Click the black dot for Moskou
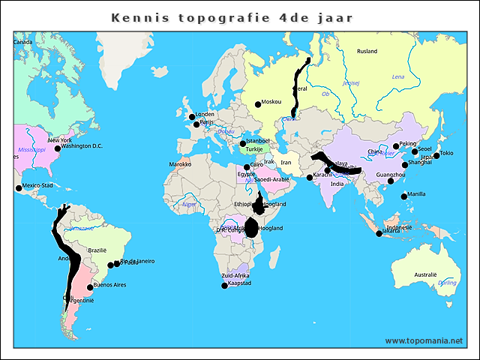[258, 104]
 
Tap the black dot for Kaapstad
[224, 286]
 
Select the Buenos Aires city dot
[91, 287]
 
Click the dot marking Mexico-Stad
[19, 187]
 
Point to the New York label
[60, 140]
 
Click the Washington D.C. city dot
[58, 148]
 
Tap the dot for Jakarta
[379, 234]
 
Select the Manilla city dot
[404, 196]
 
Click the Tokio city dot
[436, 156]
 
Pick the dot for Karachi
[310, 178]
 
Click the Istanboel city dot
[242, 143]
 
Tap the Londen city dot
[191, 117]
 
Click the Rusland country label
[367, 52]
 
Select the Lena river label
[397, 76]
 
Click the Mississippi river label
[32, 149]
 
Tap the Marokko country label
[180, 163]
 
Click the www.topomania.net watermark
[424, 340]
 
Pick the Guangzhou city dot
[390, 181]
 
